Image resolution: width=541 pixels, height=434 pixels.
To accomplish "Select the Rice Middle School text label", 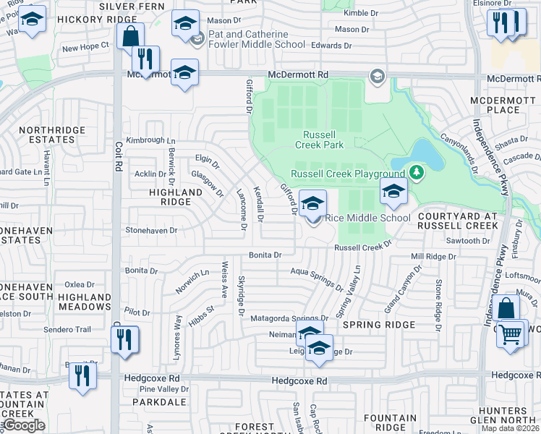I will [368, 218].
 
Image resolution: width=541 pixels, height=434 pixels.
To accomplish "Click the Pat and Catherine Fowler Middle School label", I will [247, 39].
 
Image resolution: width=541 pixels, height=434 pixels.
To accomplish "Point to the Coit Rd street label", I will [116, 156].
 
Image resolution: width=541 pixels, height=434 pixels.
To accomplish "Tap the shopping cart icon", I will [512, 335].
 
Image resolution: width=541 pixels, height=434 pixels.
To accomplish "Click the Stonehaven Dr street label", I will [151, 230].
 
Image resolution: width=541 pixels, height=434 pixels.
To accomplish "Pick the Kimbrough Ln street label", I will [150, 140].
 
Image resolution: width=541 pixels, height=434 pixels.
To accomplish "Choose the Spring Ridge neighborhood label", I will [379, 325].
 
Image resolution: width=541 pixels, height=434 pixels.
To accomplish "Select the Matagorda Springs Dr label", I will [289, 318].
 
